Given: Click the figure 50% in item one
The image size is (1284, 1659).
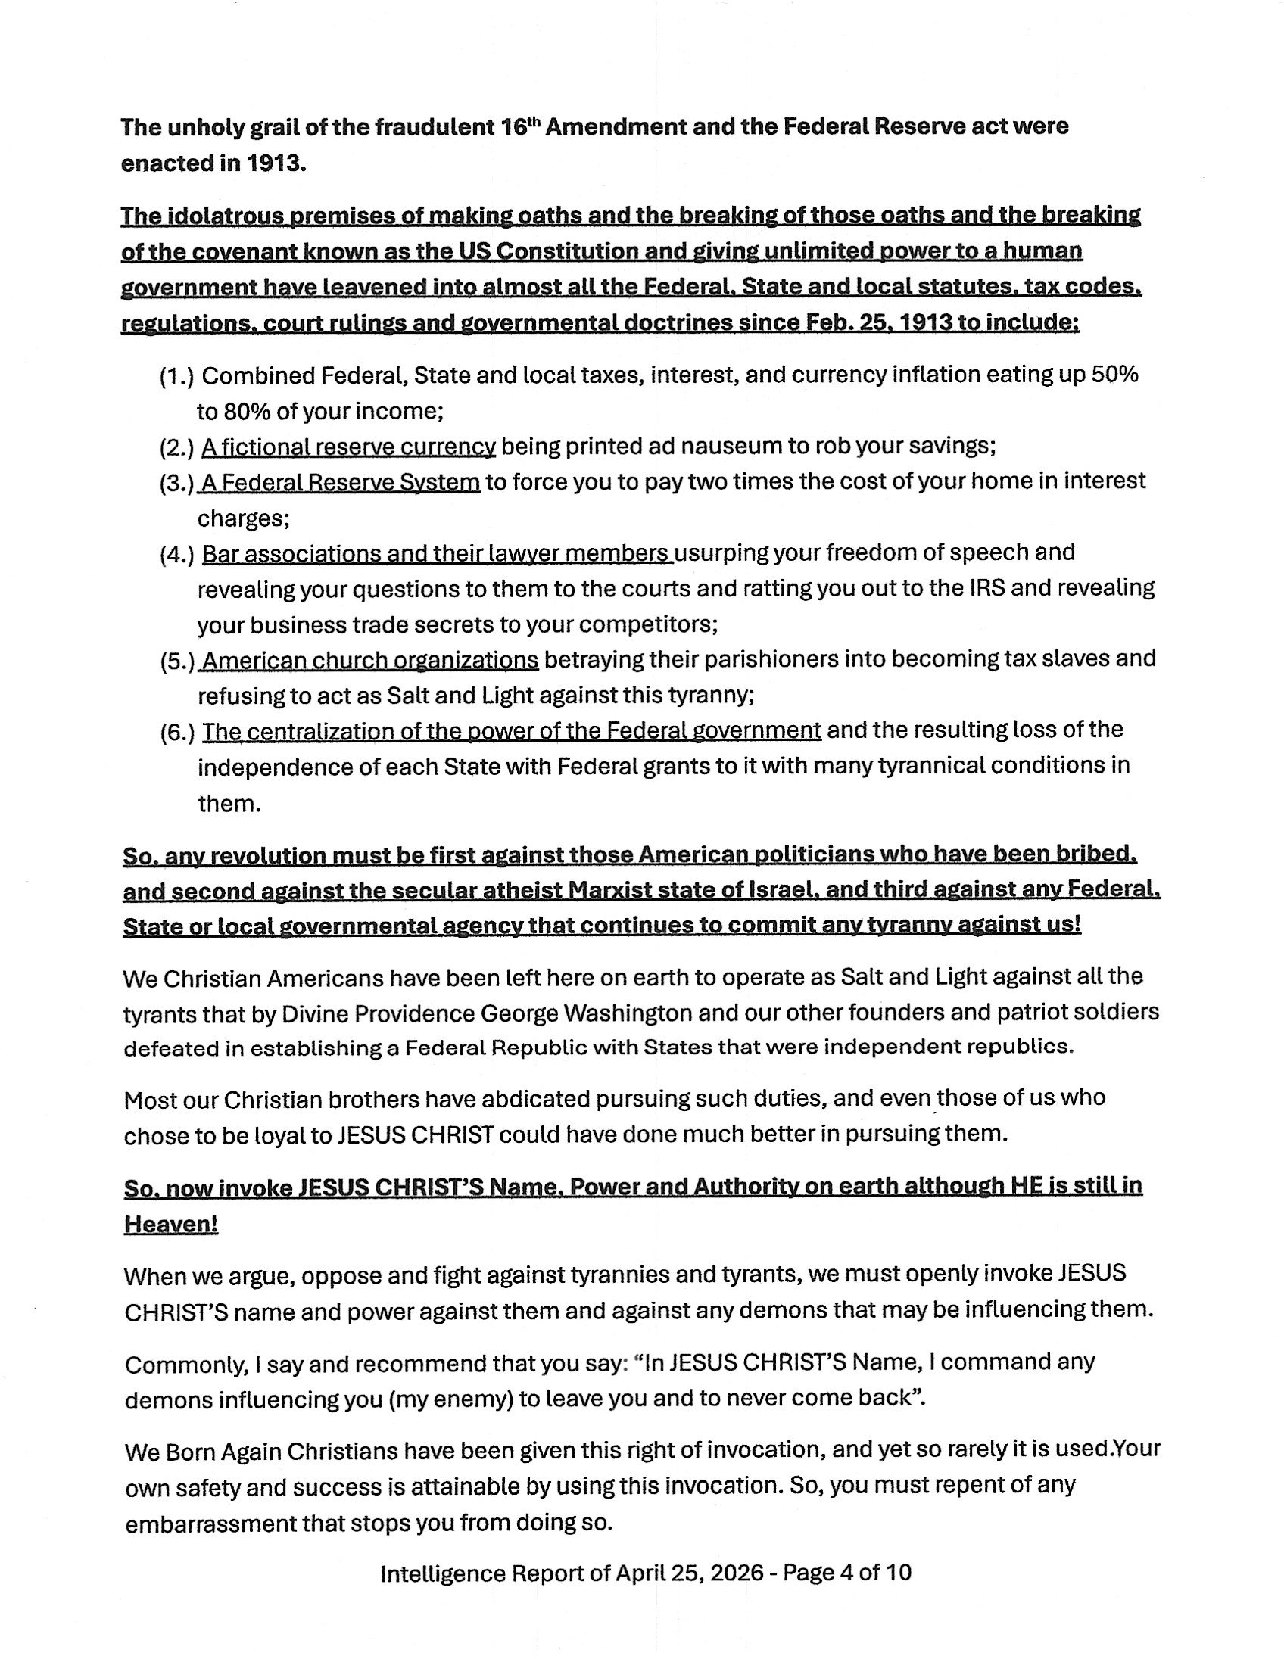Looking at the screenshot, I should pos(1114,375).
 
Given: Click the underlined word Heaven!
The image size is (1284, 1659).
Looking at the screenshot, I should pos(171,1225).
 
